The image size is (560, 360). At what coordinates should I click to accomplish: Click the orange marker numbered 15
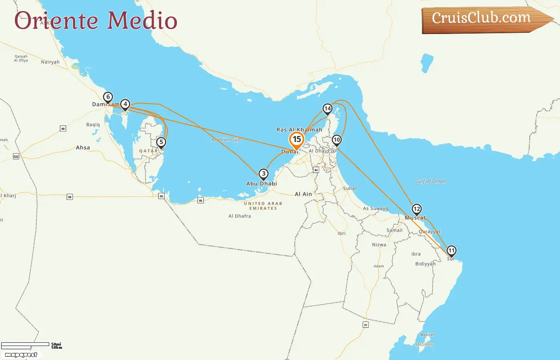tap(296, 140)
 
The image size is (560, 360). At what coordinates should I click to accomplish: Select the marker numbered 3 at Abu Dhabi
tap(264, 174)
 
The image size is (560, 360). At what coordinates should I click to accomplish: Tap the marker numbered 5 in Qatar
tap(161, 142)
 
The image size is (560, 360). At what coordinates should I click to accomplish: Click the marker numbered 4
tap(125, 104)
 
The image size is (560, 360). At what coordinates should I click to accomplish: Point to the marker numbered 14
tap(328, 108)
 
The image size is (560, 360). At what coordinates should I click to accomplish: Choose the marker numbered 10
tap(337, 140)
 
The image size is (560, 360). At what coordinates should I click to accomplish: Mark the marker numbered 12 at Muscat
tap(417, 209)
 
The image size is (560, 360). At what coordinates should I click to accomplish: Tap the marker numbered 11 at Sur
tap(451, 251)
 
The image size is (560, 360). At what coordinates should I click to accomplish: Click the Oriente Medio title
tap(96, 20)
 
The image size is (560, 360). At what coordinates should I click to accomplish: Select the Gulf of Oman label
tap(430, 181)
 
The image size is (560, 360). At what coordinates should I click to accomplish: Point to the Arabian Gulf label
tap(226, 140)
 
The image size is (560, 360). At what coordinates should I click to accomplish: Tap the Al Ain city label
tap(303, 194)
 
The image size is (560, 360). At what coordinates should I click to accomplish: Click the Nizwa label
tap(379, 245)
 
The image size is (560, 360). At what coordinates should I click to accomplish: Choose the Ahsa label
tap(83, 148)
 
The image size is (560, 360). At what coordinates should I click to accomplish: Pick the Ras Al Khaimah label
tap(299, 130)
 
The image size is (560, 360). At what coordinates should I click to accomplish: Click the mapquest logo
tap(21, 354)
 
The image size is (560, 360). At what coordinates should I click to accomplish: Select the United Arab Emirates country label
tap(263, 206)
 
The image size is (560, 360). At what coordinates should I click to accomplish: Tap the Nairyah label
tap(50, 62)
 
